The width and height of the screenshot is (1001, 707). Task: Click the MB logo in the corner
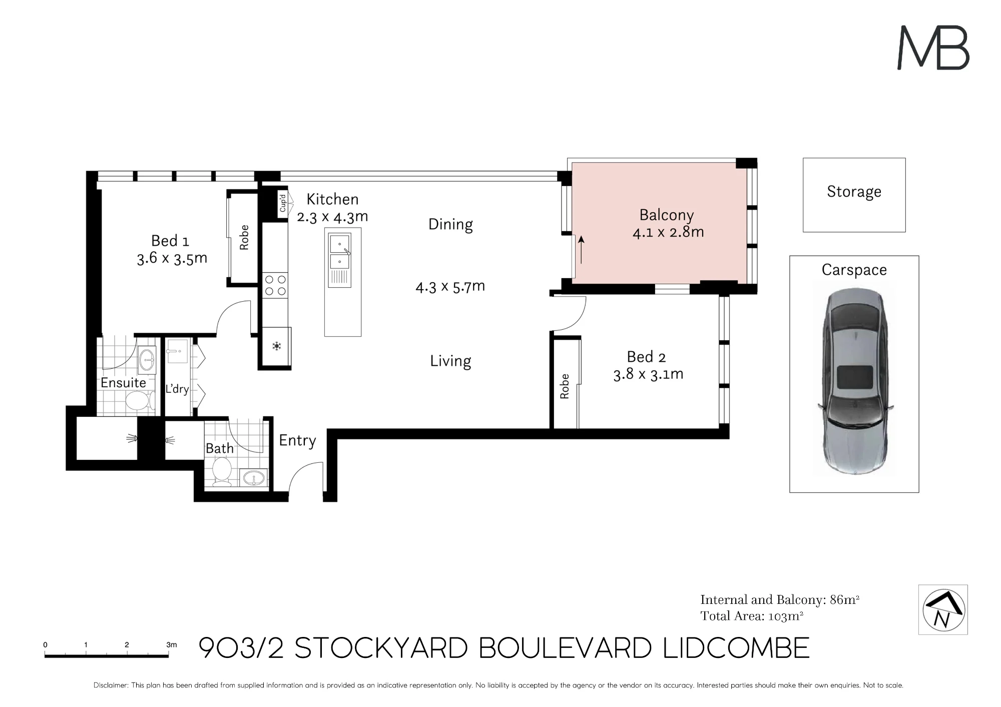tap(933, 48)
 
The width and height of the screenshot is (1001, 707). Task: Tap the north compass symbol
tap(943, 609)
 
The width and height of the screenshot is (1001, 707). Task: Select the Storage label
tap(854, 192)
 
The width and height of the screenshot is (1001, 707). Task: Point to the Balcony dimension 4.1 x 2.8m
tap(668, 232)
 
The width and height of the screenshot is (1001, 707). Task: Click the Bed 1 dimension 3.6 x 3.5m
tap(172, 258)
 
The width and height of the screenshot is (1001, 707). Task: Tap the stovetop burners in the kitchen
tap(275, 285)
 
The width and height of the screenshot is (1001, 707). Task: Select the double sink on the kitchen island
tap(340, 251)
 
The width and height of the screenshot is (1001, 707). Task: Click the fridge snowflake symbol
tap(276, 346)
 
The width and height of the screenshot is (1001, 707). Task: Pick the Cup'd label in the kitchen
tap(283, 203)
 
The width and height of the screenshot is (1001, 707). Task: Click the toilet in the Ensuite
tap(140, 400)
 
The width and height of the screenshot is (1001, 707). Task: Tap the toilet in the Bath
tap(222, 471)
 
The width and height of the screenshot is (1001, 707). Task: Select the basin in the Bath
tap(254, 478)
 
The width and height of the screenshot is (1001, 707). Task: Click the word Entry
tap(297, 440)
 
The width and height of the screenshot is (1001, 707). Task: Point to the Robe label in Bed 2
tap(565, 386)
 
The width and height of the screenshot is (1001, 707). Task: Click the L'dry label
tap(177, 389)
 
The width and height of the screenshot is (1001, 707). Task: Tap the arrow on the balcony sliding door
tap(581, 250)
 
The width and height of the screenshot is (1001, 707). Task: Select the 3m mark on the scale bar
tap(171, 645)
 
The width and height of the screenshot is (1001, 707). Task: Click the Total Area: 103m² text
tap(752, 616)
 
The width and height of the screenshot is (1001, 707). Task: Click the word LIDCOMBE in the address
tap(736, 648)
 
